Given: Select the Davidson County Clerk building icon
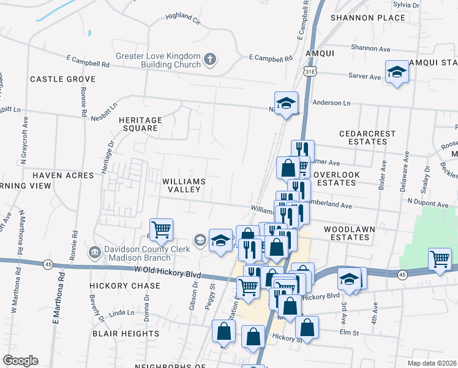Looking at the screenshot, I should point(94,251).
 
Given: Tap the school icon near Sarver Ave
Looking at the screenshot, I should point(397,72).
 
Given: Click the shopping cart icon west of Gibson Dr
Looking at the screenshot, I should point(161,229).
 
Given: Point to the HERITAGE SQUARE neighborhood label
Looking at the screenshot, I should point(141,125).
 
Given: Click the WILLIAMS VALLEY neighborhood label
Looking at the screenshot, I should point(182,185).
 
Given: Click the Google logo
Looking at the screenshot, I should point(21,361).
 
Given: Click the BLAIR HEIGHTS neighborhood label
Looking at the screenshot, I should point(126,333).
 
